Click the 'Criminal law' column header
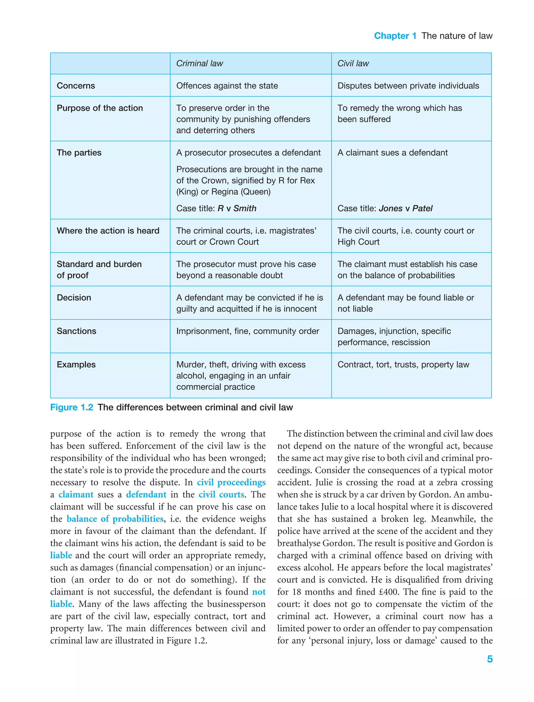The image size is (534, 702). [x=200, y=64]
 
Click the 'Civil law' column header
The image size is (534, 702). [x=353, y=64]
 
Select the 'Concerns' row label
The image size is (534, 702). [x=76, y=86]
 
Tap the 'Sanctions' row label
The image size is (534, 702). [x=76, y=331]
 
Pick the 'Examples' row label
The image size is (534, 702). [x=76, y=365]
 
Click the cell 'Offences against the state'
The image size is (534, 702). [x=227, y=86]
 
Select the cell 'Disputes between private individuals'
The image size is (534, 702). [x=408, y=86]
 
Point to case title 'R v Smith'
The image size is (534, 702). [x=237, y=209]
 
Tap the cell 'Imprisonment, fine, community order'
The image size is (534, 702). [x=248, y=331]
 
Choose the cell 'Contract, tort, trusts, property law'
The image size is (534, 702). [x=403, y=365]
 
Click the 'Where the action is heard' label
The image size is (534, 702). [x=108, y=231]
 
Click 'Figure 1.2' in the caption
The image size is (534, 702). [x=71, y=408]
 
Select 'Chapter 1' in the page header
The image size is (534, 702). [x=395, y=36]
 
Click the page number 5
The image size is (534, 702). [x=489, y=659]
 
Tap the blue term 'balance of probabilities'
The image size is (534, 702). [x=115, y=519]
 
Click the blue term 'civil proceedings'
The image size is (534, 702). [x=231, y=482]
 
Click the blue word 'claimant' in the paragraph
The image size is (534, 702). [x=76, y=495]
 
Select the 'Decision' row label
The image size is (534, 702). [x=74, y=298]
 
